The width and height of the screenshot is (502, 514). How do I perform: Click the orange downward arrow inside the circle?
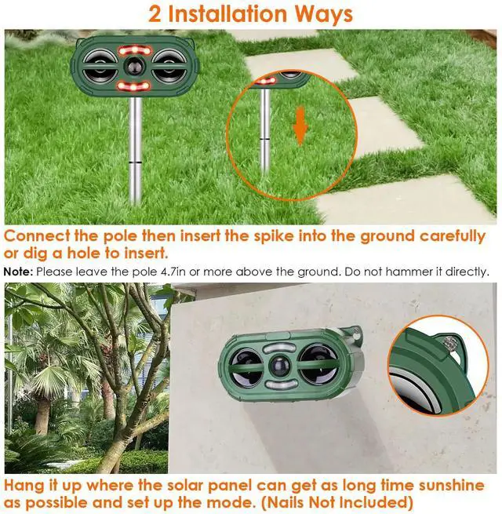coord(300,126)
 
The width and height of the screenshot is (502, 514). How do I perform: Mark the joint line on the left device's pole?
coord(135,162)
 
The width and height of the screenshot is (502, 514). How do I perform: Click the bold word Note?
coord(18,272)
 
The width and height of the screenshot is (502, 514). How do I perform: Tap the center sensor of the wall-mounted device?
coord(281,367)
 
